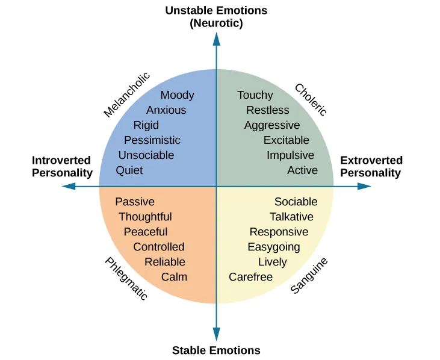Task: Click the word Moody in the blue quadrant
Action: (177, 95)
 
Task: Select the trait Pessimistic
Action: (152, 140)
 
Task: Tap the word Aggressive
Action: (271, 125)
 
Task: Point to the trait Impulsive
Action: (290, 155)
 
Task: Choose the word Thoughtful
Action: (145, 217)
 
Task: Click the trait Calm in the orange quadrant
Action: (174, 277)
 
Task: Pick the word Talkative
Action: (291, 217)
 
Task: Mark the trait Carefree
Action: (250, 277)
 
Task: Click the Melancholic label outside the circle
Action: (126, 95)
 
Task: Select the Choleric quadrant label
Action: (311, 99)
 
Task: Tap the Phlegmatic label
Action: (126, 279)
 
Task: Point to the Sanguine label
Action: (309, 276)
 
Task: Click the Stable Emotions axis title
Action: (216, 350)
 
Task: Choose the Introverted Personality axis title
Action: (62, 167)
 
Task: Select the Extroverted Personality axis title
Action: (371, 167)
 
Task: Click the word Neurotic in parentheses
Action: (216, 23)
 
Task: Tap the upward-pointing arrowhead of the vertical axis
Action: (216, 39)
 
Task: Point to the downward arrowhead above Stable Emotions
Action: (216, 334)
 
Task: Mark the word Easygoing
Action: (273, 247)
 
